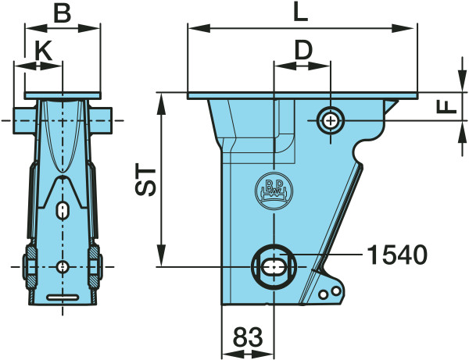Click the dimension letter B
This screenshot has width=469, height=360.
(63, 14)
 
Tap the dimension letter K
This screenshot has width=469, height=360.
(44, 50)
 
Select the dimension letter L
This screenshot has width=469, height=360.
(301, 12)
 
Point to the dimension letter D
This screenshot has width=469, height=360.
(303, 50)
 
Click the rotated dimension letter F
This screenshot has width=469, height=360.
(446, 107)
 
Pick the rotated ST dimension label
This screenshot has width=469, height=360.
(145, 180)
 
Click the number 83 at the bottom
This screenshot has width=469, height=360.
(248, 337)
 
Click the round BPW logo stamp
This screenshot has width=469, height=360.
(274, 191)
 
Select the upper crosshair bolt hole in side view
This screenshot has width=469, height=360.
(331, 121)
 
